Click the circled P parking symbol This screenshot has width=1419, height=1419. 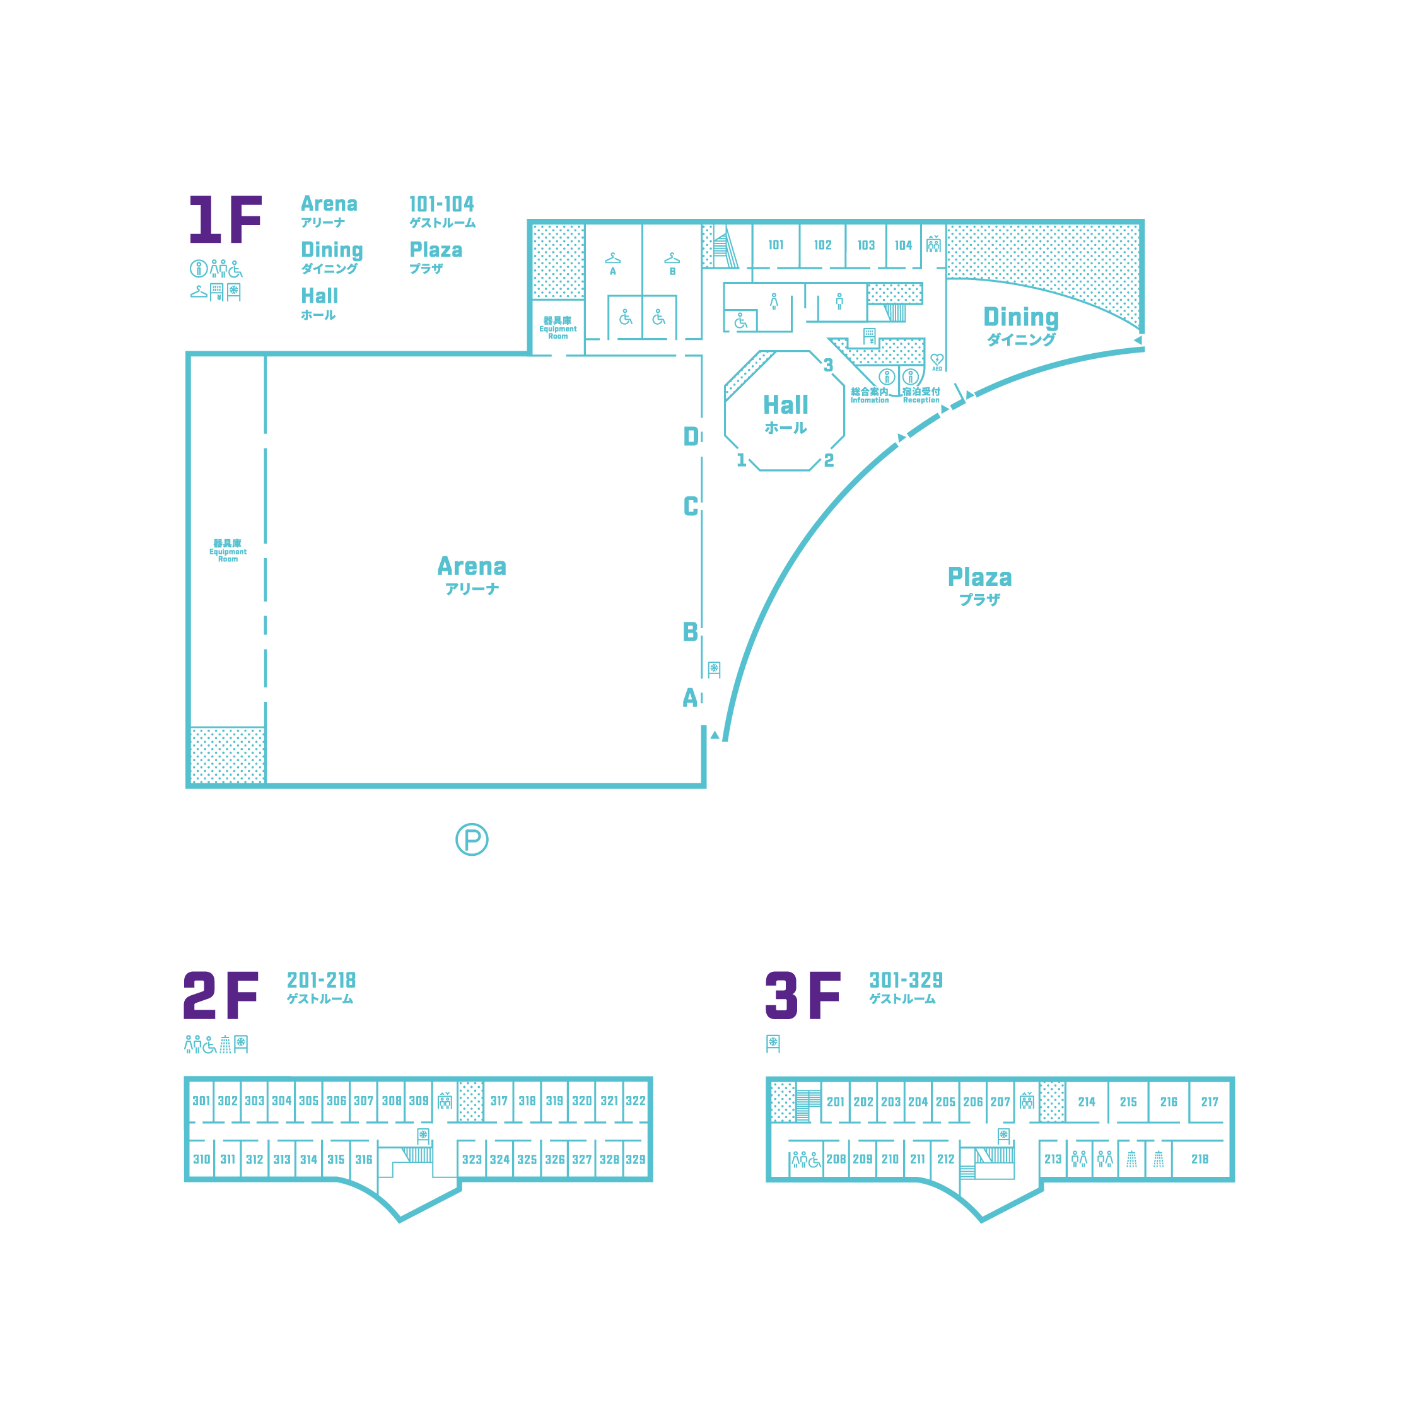[x=472, y=839]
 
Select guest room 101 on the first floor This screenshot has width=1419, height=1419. [x=776, y=245]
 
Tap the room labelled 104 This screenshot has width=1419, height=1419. [x=903, y=245]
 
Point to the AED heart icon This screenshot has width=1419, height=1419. [x=937, y=360]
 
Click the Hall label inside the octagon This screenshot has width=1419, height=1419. [x=785, y=405]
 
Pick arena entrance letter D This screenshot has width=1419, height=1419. [x=691, y=436]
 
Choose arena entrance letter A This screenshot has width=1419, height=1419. [x=690, y=697]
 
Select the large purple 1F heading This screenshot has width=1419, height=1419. [x=226, y=219]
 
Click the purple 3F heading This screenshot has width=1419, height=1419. [x=803, y=995]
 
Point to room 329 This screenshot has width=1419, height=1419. [x=635, y=1160]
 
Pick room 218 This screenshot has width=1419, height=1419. [x=1200, y=1159]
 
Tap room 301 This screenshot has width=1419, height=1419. [x=201, y=1101]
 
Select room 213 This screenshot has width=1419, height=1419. [x=1053, y=1159]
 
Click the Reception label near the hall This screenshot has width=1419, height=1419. [x=921, y=400]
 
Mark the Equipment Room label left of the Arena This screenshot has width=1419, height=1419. [x=228, y=551]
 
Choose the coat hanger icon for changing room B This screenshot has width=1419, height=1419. [x=672, y=258]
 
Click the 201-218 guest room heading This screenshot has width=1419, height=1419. [x=321, y=980]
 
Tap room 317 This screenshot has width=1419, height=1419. [x=499, y=1101]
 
